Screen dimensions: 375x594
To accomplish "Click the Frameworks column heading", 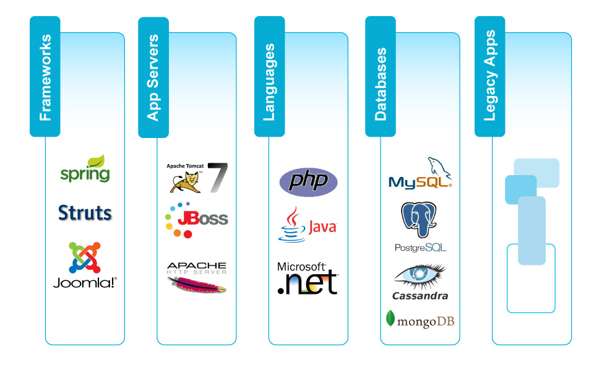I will tap(45, 77).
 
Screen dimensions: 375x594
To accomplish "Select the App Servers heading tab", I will tap(153, 77).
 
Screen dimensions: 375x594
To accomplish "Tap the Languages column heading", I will tap(269, 77).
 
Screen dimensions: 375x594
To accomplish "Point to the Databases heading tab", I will tap(380, 77).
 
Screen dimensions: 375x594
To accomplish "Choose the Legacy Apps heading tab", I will tap(489, 77).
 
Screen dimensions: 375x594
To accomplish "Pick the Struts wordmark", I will tap(85, 213).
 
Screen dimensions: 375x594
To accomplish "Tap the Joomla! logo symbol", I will tap(85, 257).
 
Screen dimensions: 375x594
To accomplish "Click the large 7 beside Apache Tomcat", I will tap(217, 178).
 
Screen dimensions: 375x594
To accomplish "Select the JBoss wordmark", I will tap(202, 219).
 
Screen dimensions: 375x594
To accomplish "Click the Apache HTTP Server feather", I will tap(196, 285).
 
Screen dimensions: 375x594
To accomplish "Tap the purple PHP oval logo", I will tap(308, 181).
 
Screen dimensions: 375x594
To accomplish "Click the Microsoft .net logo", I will tap(308, 278).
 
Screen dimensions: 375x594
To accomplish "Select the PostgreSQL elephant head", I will tap(419, 219).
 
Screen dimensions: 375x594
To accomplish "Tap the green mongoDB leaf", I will tap(390, 318).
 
